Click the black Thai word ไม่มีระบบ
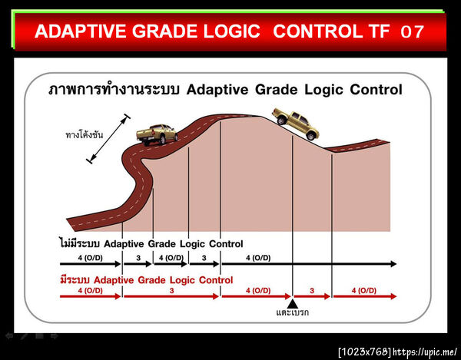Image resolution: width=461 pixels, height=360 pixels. click(x=80, y=244)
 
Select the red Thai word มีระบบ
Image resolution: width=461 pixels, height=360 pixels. click(x=76, y=280)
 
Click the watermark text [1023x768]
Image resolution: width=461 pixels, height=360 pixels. click(x=364, y=352)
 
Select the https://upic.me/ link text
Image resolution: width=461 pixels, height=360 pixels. click(x=425, y=352)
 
